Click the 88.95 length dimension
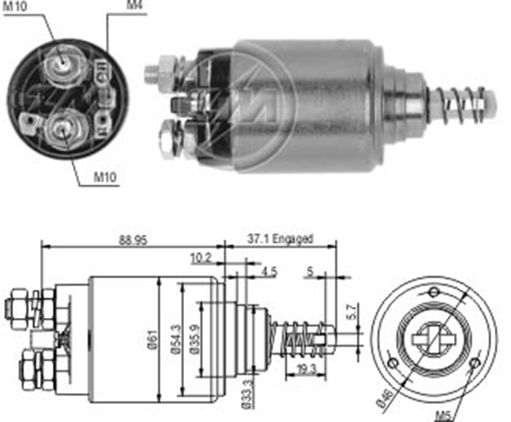tap(133, 240)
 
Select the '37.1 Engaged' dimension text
tap(280, 239)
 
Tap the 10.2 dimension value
tap(201, 258)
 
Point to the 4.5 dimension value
tap(269, 271)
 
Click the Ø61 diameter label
tap(152, 339)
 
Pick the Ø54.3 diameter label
tap(175, 339)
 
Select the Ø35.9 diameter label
tap(195, 339)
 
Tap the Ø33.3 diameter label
tap(247, 394)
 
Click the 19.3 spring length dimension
tap(307, 369)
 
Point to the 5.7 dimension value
tap(353, 312)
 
